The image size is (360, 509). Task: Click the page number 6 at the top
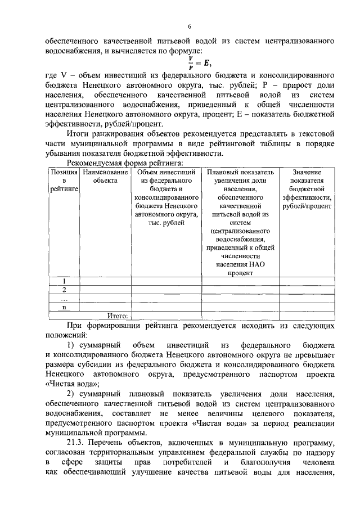[190, 26]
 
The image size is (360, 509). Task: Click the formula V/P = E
[199, 61]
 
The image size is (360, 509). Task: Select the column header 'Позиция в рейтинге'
[64, 181]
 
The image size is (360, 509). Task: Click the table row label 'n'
[64, 307]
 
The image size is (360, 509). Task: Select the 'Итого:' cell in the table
[118, 316]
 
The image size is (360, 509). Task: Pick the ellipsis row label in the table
[64, 299]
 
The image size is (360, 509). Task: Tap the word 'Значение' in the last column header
[307, 172]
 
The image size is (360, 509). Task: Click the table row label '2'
[64, 290]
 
